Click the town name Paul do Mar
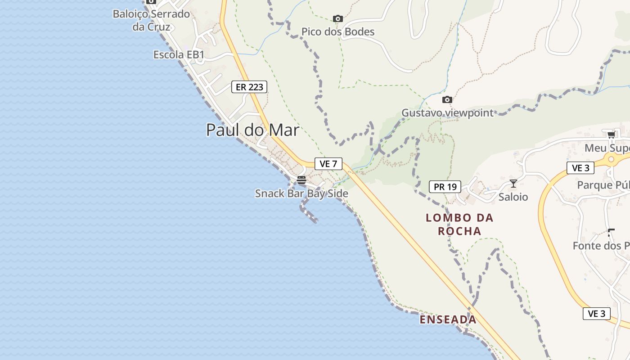252,130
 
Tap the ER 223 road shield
249,87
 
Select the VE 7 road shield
328,164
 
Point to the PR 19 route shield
445,186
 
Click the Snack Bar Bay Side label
301,193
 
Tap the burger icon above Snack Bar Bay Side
301,180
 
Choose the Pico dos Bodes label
337,32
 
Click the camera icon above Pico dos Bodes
337,19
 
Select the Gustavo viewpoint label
447,113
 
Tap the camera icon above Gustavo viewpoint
447,99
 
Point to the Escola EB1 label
179,55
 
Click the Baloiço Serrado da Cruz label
151,20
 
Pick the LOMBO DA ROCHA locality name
459,225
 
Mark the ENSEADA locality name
448,320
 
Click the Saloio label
513,197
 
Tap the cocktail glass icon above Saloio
513,183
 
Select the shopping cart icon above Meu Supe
611,135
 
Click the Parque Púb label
603,185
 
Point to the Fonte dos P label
601,246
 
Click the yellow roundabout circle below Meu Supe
611,159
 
